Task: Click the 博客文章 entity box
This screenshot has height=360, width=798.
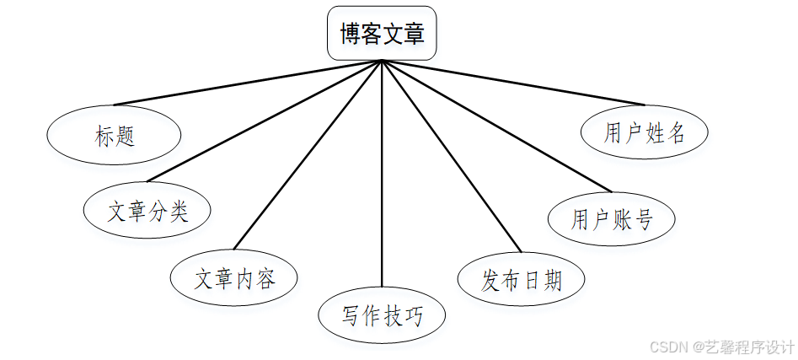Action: (x=382, y=35)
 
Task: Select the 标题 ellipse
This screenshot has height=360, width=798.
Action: (x=115, y=136)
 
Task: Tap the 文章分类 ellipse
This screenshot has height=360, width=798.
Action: (x=147, y=211)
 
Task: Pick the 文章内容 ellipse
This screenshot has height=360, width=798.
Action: (x=234, y=278)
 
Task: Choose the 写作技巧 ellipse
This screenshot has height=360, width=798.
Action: (x=382, y=316)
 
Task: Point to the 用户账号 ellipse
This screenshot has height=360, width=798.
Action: (x=612, y=219)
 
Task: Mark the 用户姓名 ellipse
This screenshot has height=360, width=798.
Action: (x=645, y=132)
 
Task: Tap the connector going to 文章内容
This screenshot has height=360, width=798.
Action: (x=308, y=155)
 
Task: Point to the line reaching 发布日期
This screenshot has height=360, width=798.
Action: (x=452, y=155)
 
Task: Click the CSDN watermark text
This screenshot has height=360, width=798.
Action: (x=724, y=347)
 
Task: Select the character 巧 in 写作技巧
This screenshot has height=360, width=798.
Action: (x=413, y=316)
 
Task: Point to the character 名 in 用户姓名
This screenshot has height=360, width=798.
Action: (x=676, y=132)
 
